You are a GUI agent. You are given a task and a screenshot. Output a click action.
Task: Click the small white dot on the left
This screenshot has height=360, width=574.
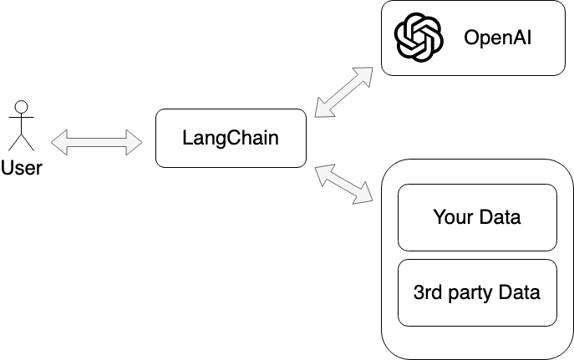tap(22, 107)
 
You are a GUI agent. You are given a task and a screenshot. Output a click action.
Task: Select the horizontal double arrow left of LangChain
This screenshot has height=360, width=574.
tap(97, 142)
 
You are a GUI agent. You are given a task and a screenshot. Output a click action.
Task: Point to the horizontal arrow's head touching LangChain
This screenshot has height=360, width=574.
tap(135, 142)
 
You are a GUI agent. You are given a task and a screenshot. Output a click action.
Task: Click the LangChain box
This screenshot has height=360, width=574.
tap(230, 138)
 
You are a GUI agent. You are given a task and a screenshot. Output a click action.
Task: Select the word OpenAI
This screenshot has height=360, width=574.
tap(498, 38)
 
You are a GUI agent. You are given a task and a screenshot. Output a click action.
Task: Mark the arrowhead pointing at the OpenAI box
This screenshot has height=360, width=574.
tap(368, 69)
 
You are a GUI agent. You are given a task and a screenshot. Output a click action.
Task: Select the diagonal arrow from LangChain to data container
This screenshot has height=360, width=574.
tap(343, 185)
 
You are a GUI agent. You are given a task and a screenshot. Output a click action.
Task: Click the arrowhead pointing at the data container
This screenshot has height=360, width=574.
tap(367, 198)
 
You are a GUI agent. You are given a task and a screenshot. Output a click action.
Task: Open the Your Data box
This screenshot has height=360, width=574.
tap(476, 217)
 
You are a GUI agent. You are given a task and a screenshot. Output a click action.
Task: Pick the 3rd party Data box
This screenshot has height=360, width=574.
tap(476, 292)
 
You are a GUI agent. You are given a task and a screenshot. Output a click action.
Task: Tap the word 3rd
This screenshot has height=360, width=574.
tap(427, 292)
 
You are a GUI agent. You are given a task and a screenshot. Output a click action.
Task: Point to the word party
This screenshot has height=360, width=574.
tap(470, 294)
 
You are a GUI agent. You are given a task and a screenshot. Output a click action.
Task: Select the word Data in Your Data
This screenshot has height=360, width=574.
tap(499, 217)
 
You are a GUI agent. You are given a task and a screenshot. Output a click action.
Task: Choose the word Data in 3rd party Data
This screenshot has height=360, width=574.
tap(519, 292)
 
